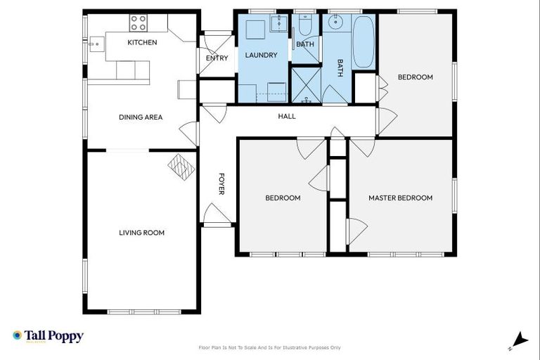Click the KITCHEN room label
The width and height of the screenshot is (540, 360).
[142, 43]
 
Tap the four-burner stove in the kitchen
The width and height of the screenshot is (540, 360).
[138, 23]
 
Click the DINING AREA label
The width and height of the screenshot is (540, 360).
[141, 117]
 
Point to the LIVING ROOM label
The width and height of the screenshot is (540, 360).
[141, 233]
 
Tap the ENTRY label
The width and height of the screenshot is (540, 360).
[217, 58]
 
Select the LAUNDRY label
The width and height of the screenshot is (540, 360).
[261, 55]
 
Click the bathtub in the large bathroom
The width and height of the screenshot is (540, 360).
[364, 42]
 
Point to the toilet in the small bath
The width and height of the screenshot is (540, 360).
[305, 27]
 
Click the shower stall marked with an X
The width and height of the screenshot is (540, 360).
[306, 85]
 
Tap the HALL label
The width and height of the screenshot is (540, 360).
[287, 117]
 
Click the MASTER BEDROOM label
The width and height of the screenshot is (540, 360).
[400, 198]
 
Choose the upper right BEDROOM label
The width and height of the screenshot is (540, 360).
[415, 77]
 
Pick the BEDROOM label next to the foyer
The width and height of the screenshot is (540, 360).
[283, 198]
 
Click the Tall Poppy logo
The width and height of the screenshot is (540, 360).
[48, 336]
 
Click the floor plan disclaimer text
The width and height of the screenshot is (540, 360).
[270, 347]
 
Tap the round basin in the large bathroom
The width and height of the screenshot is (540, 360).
[337, 22]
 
